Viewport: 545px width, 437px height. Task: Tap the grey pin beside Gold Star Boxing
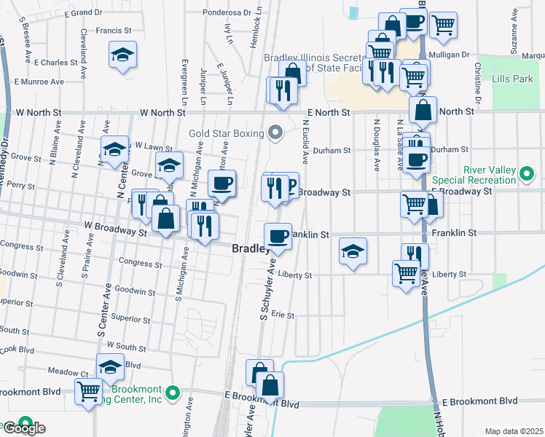pos(275,132)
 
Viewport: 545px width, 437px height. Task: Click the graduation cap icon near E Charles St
pos(123,54)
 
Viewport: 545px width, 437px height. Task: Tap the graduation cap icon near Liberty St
pos(353,251)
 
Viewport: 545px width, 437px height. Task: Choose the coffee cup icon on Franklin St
pos(278,235)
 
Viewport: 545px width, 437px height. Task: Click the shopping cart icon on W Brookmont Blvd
pos(89,390)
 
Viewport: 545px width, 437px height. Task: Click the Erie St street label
pos(282,316)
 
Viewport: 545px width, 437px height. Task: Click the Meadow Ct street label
pos(63,371)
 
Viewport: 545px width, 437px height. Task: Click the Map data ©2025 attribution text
pos(514,431)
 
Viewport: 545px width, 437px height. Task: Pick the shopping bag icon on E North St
pos(423,110)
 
